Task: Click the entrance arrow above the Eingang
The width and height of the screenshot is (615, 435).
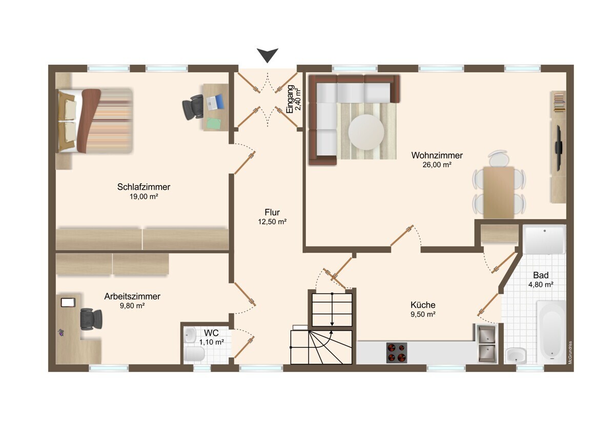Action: [268, 55]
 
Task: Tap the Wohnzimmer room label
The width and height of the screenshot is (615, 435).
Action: [437, 155]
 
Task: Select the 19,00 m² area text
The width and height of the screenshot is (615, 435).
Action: [144, 196]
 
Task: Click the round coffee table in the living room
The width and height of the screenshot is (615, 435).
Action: [366, 132]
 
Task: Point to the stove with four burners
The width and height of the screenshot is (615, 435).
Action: [397, 352]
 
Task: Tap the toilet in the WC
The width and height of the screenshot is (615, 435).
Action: [195, 353]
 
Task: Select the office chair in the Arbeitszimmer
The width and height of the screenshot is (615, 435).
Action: [91, 319]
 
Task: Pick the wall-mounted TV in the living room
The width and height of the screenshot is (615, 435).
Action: [558, 148]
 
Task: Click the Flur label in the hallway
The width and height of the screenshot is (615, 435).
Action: [272, 212]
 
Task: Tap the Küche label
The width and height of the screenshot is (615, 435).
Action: [423, 305]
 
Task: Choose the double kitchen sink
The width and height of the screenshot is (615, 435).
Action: [487, 344]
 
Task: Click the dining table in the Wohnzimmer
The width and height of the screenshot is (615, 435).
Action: [499, 192]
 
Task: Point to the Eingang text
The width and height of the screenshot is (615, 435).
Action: [290, 99]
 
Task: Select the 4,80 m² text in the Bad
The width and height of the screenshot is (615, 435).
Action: [541, 284]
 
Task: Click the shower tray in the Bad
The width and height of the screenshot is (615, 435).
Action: [544, 239]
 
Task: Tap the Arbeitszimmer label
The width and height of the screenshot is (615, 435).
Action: [132, 296]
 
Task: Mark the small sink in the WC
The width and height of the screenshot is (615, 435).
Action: [190, 334]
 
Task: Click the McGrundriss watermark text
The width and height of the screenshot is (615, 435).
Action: [570, 352]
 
